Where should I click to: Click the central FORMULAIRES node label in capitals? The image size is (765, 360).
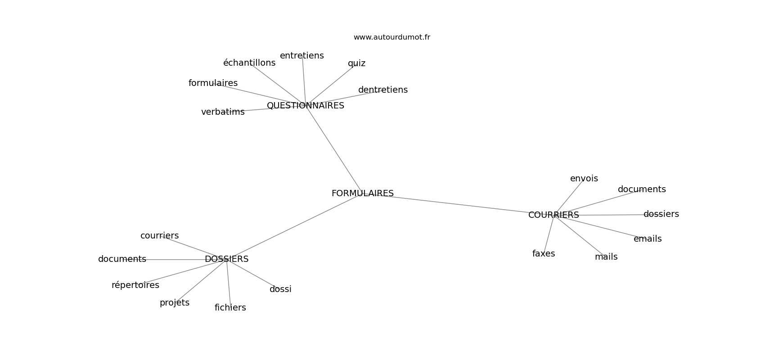coord(362,193)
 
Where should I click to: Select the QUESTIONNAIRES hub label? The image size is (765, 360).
coord(305,106)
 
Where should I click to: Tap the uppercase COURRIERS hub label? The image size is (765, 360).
coord(553,215)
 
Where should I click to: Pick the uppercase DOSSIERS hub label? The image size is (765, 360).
coord(226,259)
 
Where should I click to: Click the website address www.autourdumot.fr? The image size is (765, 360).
coord(391,37)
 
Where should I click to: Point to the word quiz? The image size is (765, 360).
coord(356,63)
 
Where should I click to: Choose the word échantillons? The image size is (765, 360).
coord(249,63)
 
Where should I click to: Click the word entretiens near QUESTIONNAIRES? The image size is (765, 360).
coord(301,55)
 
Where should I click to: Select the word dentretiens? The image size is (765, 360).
coord(383,90)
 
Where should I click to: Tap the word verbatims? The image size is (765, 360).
coord(223,112)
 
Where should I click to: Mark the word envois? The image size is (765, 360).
coord(584,178)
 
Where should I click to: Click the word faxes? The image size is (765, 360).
coord(543,253)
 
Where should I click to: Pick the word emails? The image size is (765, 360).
coord(648,239)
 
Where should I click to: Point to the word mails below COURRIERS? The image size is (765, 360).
coord(606,256)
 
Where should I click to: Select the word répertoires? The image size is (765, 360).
coord(135,285)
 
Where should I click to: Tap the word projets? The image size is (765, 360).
coord(175,302)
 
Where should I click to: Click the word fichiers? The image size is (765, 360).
coord(230,307)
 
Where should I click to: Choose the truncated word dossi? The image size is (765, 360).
coord(280,289)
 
